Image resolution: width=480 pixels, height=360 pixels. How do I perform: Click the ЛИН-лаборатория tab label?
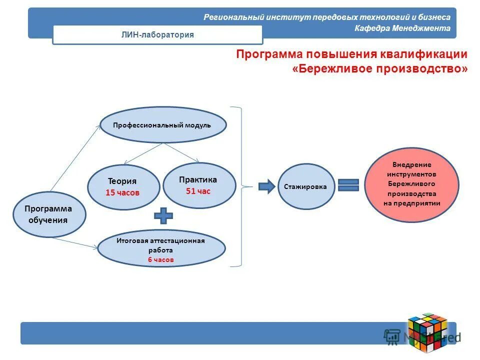[157, 34]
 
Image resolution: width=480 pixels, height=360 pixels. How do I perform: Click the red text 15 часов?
[122, 192]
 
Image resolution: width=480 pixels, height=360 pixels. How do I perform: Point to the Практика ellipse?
[198, 185]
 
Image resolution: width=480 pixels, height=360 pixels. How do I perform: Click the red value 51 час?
[198, 190]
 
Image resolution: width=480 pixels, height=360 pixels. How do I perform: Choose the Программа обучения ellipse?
[49, 214]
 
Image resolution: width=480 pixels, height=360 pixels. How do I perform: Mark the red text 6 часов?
[160, 259]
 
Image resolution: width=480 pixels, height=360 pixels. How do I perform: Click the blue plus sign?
[163, 216]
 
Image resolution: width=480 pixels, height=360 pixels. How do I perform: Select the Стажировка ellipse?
[305, 187]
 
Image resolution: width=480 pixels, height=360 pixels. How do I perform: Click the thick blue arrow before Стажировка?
[266, 186]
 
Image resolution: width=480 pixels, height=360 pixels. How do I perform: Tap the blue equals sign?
[348, 185]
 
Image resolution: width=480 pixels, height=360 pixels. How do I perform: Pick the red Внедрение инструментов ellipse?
[411, 184]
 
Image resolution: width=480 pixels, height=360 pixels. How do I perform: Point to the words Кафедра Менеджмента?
[402, 28]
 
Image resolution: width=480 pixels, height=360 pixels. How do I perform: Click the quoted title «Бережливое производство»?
[380, 68]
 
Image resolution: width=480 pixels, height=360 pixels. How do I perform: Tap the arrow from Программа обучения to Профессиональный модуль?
[75, 158]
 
